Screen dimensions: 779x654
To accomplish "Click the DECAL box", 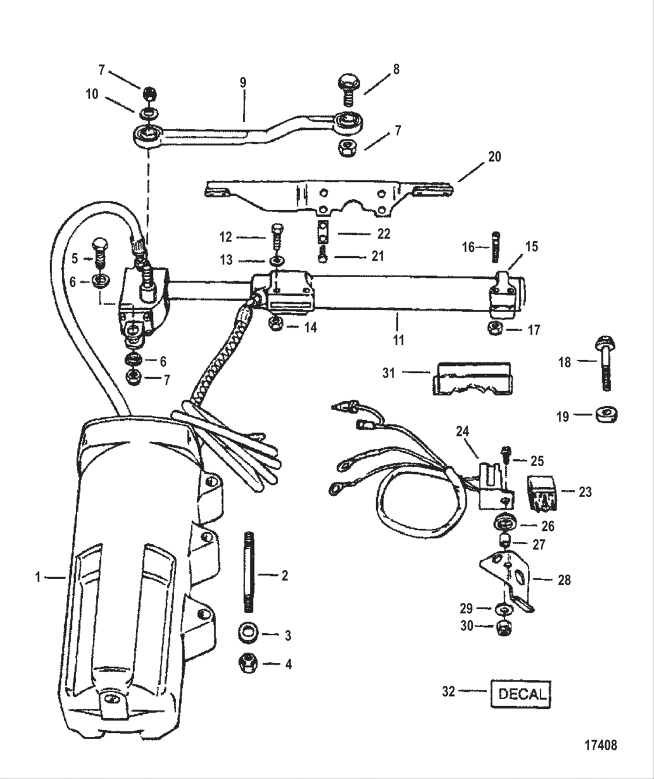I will pos(520,694).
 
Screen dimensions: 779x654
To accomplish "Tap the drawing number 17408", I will pos(600,745).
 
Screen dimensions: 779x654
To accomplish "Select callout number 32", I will pos(448,691).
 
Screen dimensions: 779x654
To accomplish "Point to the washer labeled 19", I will pos(606,415).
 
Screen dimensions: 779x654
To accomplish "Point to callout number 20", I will pos(494,157).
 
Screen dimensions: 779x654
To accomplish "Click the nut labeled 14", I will pos(276,324).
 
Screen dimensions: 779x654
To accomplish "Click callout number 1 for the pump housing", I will pos(38,577).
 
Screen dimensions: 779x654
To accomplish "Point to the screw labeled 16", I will pos(496,248).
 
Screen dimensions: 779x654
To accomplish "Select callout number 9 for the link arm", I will pos(243,82).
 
